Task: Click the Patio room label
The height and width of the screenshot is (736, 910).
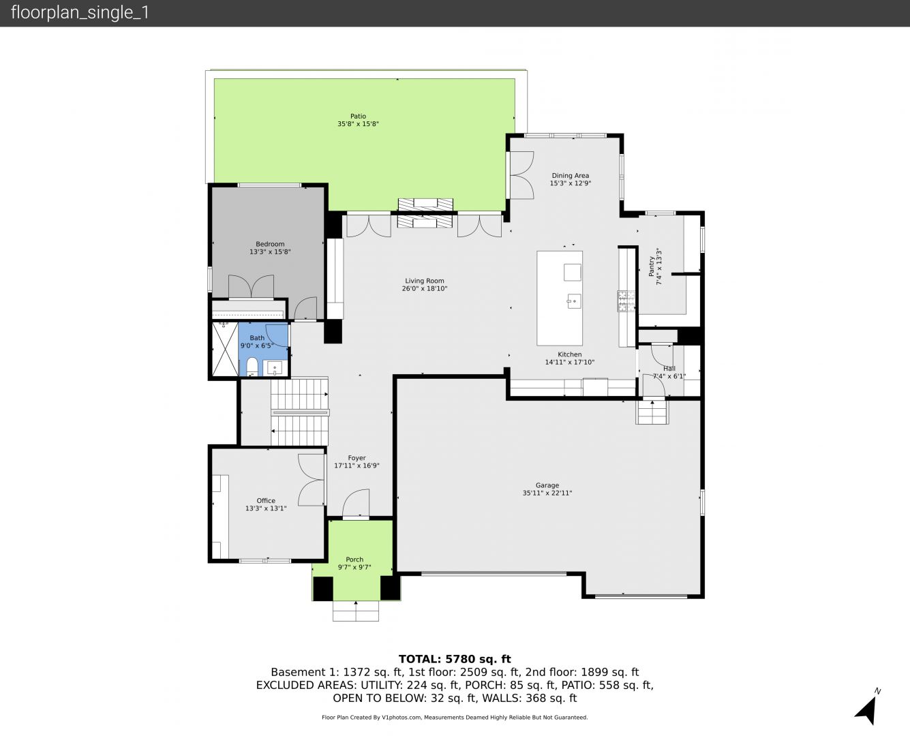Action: point(358,116)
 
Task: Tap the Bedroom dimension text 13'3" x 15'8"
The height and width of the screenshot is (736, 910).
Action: point(270,252)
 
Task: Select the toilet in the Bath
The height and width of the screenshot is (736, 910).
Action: point(252,367)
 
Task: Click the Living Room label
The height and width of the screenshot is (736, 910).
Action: point(424,281)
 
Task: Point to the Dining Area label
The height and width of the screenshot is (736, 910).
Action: point(570,176)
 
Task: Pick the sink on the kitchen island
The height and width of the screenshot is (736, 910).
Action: point(574,301)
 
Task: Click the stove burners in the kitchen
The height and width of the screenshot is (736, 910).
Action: point(626,301)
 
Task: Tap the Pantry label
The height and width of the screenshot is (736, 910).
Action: point(651,266)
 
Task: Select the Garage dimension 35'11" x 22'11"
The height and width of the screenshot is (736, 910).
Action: point(547,493)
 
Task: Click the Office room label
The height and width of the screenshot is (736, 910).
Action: point(266,501)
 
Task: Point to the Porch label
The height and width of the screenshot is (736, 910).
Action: point(354,559)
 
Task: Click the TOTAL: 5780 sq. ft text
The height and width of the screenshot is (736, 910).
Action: point(455,659)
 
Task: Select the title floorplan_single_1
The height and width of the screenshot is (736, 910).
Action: point(80,13)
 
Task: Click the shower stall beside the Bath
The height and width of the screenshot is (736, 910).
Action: point(225,350)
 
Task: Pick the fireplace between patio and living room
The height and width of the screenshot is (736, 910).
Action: point(425,213)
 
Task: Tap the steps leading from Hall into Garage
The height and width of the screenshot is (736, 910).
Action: point(652,412)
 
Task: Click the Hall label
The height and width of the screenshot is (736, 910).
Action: point(669,369)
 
